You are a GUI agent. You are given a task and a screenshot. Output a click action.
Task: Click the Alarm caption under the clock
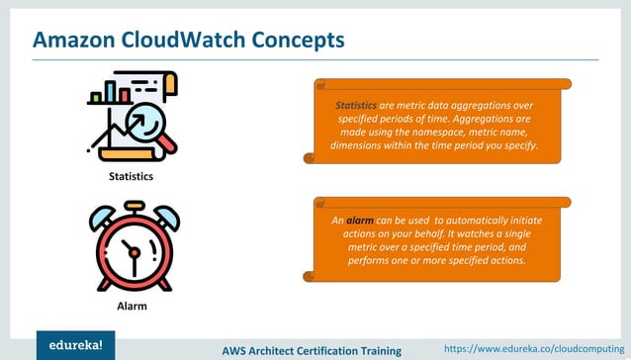coord(132,307)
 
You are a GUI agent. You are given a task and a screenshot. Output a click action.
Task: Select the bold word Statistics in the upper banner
coord(356,104)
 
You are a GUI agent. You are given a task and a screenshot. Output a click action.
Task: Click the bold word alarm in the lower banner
coord(359,220)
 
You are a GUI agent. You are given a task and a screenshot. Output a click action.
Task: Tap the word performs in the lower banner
coord(369,261)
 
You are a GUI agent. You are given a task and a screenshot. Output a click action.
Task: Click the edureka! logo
coord(75,345)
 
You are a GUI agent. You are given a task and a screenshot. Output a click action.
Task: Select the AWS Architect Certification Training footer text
coord(311,350)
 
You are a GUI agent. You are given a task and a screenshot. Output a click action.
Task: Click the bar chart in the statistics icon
coord(109,94)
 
